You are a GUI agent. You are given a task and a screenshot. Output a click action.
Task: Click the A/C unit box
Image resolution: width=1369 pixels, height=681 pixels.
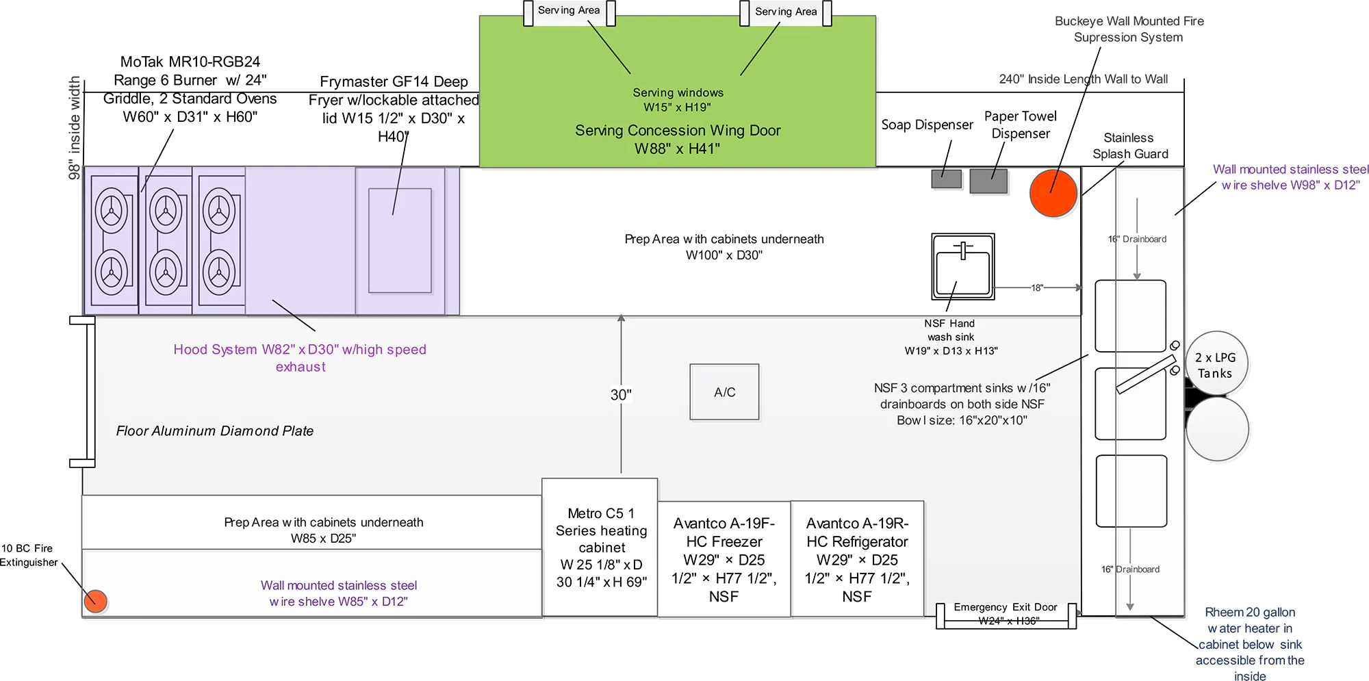pyautogui.click(x=724, y=392)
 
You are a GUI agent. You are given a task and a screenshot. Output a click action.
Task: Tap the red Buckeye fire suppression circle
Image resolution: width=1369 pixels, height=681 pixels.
pyautogui.click(x=1053, y=194)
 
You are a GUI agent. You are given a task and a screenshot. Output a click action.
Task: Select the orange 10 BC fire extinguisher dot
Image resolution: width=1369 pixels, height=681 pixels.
pyautogui.click(x=96, y=601)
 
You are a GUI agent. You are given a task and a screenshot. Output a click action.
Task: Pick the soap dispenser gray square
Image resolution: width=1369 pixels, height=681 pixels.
pyautogui.click(x=946, y=179)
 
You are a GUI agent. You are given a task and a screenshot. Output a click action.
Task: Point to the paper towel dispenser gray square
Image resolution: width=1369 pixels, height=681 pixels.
pyautogui.click(x=988, y=181)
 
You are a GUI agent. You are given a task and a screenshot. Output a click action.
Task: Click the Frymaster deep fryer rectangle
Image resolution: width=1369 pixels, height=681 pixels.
pyautogui.click(x=400, y=241)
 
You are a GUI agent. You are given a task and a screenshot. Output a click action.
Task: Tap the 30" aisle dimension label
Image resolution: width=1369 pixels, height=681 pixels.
pyautogui.click(x=621, y=395)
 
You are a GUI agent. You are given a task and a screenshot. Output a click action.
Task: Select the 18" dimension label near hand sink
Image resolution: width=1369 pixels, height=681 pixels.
pyautogui.click(x=1037, y=288)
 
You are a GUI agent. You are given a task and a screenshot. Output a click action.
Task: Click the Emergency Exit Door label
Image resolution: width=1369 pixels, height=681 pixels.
pyautogui.click(x=1005, y=607)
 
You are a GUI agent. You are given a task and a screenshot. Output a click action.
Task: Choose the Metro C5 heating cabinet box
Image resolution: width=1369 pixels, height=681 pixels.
pyautogui.click(x=600, y=548)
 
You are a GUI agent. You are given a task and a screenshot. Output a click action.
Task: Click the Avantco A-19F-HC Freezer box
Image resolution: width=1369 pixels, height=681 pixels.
pyautogui.click(x=724, y=559)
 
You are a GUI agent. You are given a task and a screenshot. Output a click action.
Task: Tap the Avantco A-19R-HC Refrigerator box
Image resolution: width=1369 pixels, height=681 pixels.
pyautogui.click(x=857, y=559)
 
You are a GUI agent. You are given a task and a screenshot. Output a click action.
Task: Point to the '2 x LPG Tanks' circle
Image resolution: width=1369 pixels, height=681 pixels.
pyautogui.click(x=1216, y=365)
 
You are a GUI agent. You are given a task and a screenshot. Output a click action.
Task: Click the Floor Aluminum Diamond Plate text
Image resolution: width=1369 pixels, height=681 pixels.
pyautogui.click(x=214, y=431)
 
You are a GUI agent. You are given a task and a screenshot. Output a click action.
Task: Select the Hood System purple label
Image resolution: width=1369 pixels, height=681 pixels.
pyautogui.click(x=300, y=358)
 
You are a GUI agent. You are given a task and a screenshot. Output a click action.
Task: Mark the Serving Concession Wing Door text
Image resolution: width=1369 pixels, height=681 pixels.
pyautogui.click(x=678, y=139)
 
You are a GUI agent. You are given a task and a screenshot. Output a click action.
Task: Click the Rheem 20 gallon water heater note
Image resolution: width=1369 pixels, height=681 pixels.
pyautogui.click(x=1250, y=644)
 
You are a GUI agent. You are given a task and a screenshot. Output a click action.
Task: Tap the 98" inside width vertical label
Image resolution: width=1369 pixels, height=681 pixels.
pyautogui.click(x=74, y=128)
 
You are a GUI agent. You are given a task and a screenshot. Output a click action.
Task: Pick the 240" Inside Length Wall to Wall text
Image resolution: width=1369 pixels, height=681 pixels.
pyautogui.click(x=1083, y=79)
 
